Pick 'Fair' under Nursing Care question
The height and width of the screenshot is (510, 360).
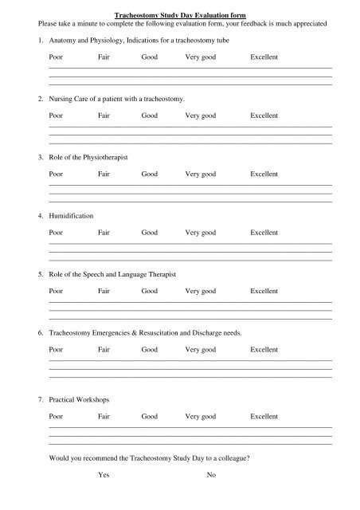(x=104, y=116)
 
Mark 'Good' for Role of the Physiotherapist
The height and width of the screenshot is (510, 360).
(x=149, y=174)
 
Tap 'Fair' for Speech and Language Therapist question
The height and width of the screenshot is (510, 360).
(x=104, y=291)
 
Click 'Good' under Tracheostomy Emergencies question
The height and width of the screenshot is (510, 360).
(x=149, y=349)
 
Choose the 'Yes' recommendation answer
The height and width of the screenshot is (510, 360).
(x=104, y=475)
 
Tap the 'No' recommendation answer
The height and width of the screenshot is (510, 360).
(x=211, y=475)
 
